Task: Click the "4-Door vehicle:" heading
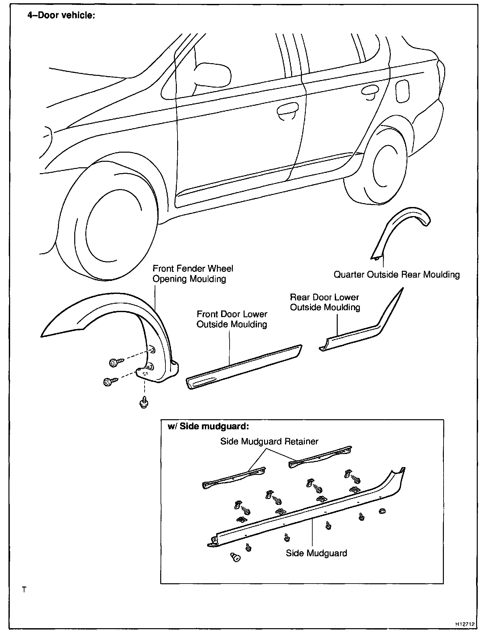click(61, 15)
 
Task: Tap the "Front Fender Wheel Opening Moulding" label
click(193, 274)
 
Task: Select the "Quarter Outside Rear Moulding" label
click(397, 275)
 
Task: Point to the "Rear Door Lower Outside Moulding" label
click(325, 302)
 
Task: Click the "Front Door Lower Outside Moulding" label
click(232, 319)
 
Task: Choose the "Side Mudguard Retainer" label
click(269, 441)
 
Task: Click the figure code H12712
click(465, 624)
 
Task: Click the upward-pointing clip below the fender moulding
click(144, 404)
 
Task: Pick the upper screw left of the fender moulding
click(116, 362)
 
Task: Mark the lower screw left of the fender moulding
click(109, 381)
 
